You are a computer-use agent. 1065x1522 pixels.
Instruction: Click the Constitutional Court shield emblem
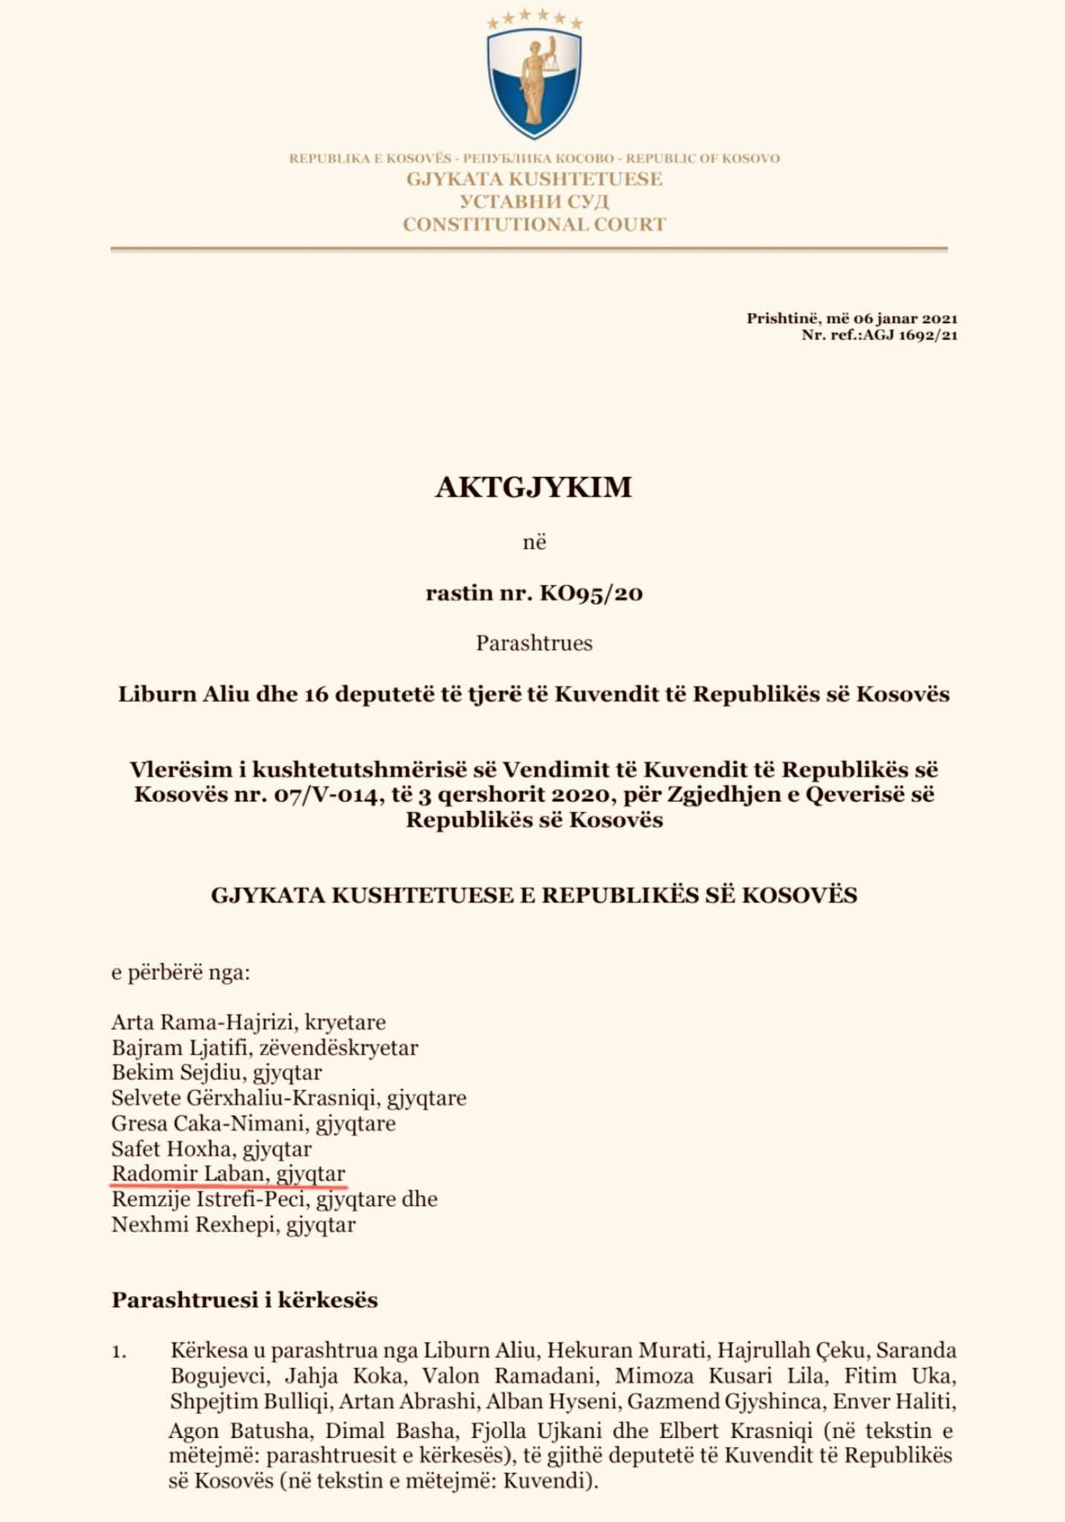coord(534,83)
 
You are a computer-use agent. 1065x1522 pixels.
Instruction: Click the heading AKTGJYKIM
coord(533,488)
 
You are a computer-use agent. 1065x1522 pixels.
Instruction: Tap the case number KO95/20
coord(591,593)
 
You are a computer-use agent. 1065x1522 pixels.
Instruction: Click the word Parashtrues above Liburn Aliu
coord(534,643)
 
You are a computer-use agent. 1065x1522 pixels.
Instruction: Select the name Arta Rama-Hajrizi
coord(203,1022)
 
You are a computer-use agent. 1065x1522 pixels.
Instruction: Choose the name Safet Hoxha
coord(172,1149)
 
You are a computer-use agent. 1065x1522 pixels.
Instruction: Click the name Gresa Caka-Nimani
coord(209,1123)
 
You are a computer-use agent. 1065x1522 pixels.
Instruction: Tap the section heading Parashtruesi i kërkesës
coord(244,1300)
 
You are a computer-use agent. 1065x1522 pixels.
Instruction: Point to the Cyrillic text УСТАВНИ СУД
coord(534,201)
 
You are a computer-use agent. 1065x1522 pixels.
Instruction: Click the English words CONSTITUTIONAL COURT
coord(534,224)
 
